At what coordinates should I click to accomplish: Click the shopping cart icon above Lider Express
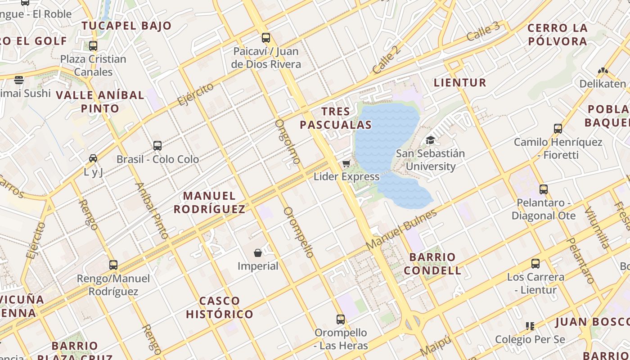point(346,163)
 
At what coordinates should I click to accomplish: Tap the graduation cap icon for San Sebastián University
point(430,140)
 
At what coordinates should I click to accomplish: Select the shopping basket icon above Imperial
point(258,253)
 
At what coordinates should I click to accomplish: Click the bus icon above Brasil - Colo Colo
point(157,146)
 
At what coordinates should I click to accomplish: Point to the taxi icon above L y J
point(93,158)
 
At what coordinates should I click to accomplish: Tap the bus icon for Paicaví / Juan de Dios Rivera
point(266,38)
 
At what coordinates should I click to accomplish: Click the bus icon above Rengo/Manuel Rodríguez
point(113,265)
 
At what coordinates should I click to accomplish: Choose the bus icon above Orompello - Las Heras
point(341,319)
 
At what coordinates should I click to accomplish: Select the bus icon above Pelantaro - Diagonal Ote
point(544,189)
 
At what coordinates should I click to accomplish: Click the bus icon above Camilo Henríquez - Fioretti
point(558,129)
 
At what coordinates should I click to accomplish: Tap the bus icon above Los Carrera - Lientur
point(535,264)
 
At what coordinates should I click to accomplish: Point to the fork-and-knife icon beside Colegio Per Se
point(530,326)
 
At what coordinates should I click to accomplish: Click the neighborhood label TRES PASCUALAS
point(336,118)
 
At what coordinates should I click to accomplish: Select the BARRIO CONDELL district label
point(432,264)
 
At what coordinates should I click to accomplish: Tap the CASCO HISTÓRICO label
point(220,307)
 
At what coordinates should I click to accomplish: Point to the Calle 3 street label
point(483,31)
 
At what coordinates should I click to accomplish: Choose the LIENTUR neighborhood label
point(460,82)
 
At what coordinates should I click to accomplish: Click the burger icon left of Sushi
point(18,80)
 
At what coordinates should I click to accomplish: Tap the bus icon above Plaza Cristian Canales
point(93,45)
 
